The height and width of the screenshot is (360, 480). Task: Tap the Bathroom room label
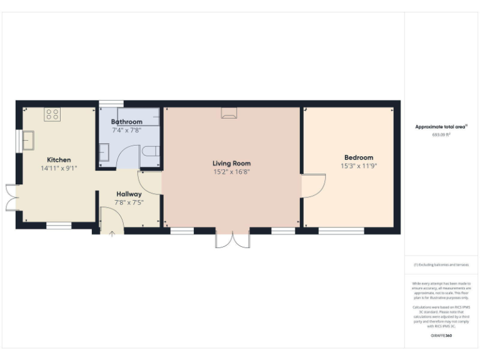click(127, 122)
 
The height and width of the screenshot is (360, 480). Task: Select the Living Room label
click(231, 163)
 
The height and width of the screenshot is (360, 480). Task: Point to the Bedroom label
click(359, 157)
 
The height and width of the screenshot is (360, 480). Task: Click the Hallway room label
click(129, 194)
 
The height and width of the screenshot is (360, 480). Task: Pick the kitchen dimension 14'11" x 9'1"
click(59, 169)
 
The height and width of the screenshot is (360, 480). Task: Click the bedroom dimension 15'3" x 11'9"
click(359, 166)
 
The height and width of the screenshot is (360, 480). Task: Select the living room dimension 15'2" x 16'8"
click(231, 172)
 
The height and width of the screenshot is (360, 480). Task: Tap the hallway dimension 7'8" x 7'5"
click(129, 202)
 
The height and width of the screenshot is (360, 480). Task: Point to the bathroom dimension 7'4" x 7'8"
click(127, 131)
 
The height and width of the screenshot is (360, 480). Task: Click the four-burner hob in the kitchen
click(52, 114)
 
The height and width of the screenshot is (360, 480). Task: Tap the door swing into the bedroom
click(314, 186)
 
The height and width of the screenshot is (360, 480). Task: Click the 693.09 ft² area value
click(441, 134)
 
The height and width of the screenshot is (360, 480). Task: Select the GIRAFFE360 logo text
click(441, 336)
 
